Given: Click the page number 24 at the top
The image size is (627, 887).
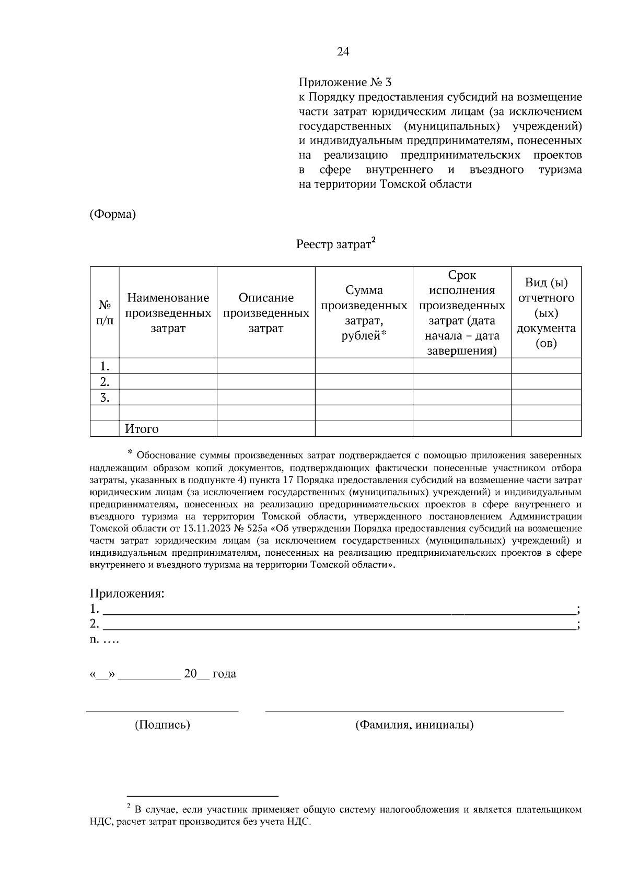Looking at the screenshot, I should tap(343, 51).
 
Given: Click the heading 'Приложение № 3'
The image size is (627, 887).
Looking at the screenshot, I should tap(345, 83).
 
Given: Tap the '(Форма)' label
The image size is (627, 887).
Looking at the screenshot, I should tap(113, 214).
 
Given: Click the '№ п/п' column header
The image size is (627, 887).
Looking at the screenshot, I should tap(104, 312).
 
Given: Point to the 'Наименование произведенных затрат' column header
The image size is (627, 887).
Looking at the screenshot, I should tap(168, 313).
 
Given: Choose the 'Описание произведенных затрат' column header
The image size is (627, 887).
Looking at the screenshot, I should tap(266, 313).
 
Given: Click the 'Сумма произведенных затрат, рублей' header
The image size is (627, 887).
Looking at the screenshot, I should tap(364, 313).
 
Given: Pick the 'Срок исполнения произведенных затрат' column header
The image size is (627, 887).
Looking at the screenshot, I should tap(462, 313).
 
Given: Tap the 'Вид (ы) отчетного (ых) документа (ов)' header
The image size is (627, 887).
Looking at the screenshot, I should tap(546, 313).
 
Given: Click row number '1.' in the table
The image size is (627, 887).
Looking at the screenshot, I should tap(104, 366).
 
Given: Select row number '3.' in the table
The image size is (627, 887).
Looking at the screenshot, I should tap(104, 398).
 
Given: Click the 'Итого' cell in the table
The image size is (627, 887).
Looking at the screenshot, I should tap(142, 429).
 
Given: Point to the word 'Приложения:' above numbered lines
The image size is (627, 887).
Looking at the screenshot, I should tap(127, 593).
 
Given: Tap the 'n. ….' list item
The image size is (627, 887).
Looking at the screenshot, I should tap(104, 639).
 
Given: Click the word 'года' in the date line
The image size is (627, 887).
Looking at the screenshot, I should tap(224, 674).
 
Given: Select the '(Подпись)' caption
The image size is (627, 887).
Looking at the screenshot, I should tap(162, 725).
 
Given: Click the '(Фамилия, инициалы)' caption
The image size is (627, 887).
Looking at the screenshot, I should tap(414, 725).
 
